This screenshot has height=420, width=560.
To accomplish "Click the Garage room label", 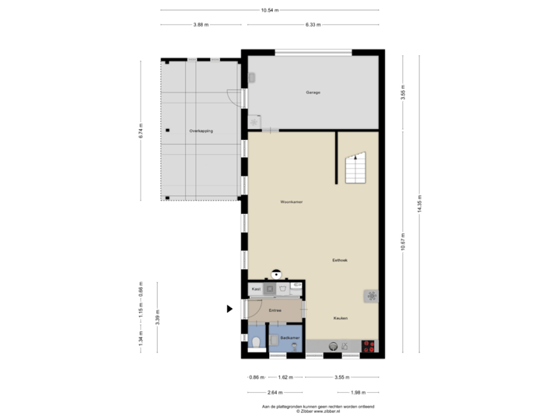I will tap(313, 92).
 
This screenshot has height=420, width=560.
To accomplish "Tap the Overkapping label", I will tap(201, 131).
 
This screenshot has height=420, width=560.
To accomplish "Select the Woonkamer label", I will tap(292, 201).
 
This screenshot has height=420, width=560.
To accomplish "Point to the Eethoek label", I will tap(339, 260).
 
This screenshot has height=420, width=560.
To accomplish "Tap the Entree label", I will tap(275, 310).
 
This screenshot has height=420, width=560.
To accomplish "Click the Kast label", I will tap(254, 289).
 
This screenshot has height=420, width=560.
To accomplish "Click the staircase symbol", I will tap(355, 167).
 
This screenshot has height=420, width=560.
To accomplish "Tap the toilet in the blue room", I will tap(256, 341).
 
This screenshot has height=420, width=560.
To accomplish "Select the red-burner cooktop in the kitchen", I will tap(369, 347).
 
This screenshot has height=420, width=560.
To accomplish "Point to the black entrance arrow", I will tap(229, 309).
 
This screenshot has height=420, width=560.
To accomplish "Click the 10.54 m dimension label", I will tap(270, 10).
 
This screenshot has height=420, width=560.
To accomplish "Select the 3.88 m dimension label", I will tap(200, 25).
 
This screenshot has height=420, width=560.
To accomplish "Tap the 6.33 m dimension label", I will tap(313, 25).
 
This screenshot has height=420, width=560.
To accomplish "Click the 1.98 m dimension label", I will tap(359, 391).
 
